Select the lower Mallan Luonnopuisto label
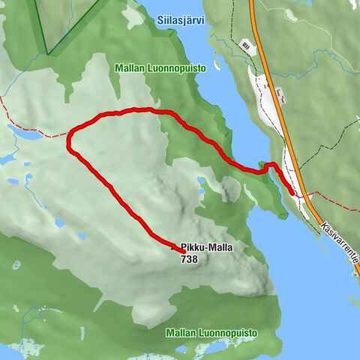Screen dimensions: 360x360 (212, 332)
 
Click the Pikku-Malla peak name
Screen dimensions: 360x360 (202, 247)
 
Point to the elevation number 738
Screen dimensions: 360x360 (189, 259)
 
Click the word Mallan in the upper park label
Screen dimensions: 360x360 (129, 68)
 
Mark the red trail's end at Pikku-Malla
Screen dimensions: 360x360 (182, 251)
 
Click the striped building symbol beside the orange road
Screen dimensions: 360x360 (246, 46)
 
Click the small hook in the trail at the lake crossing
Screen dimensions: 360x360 (268, 165)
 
